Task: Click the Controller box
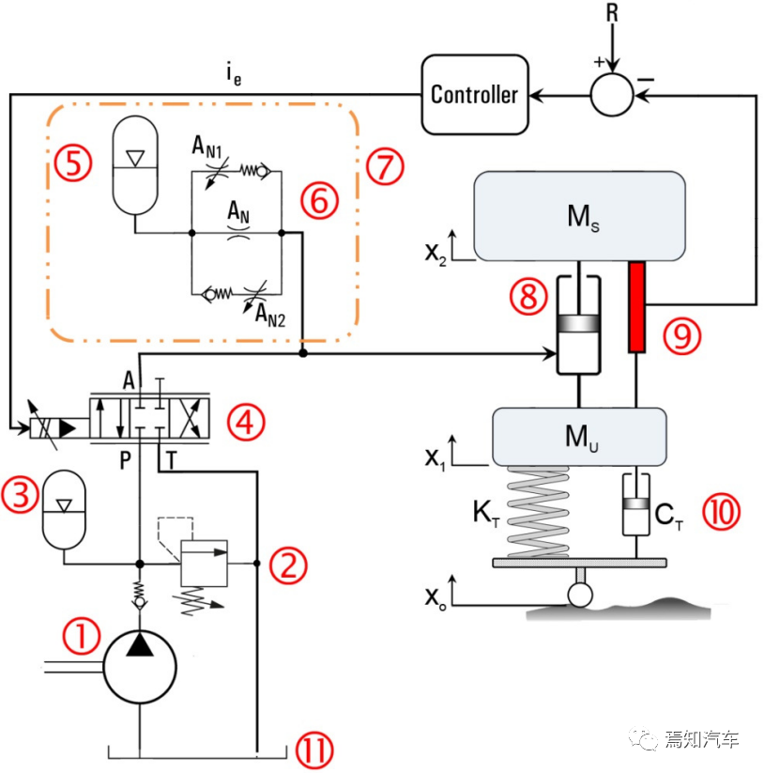tap(474, 94)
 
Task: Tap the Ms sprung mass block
tap(579, 215)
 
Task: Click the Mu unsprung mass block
tap(579, 437)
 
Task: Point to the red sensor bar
tap(638, 307)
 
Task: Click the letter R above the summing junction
tap(612, 13)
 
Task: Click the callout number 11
tap(313, 749)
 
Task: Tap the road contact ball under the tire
tap(580, 594)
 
